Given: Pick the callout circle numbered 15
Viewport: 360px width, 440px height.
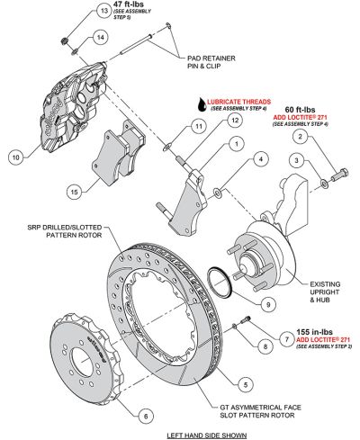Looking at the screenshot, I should [x=75, y=191].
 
